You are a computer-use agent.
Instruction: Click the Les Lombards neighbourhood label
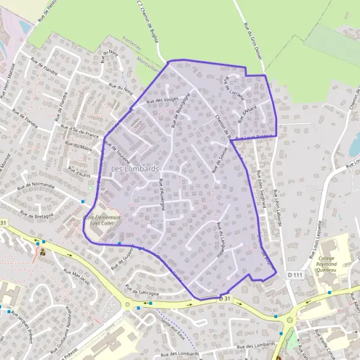[x=135, y=169]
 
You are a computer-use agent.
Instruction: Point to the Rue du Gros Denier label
[x=253, y=36]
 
